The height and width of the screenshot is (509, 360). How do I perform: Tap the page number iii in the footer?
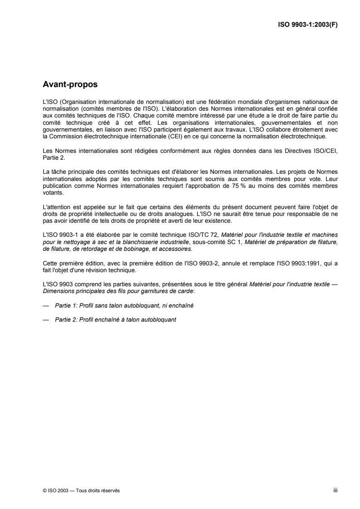[x=335, y=490]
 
